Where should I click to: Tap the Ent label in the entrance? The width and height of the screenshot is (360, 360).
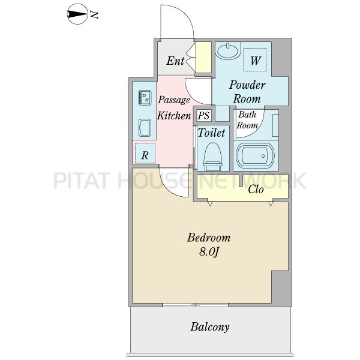tap(175, 61)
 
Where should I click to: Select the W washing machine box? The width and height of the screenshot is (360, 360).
tap(254, 59)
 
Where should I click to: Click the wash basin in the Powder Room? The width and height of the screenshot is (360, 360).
tap(228, 51)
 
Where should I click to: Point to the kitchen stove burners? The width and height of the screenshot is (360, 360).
tap(145, 97)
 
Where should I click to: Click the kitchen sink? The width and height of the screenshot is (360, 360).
tap(145, 128)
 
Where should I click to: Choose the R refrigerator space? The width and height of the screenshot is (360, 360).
tap(145, 153)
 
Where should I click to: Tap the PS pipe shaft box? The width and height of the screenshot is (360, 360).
tap(203, 115)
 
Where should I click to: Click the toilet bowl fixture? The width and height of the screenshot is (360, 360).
tap(212, 157)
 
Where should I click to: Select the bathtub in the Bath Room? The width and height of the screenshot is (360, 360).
tap(256, 156)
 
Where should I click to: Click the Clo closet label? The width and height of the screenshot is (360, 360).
tap(256, 190)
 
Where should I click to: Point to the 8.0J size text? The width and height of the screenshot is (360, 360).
tap(208, 252)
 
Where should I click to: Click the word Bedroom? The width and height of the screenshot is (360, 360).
tap(209, 238)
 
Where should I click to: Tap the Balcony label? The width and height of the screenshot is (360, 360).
tap(210, 327)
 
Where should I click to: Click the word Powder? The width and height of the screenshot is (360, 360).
tap(247, 85)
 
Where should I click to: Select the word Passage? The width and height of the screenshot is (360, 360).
tap(174, 100)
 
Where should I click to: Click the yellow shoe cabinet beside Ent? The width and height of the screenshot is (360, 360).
tap(203, 58)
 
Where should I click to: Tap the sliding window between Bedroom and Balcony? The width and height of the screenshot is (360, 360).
tap(196, 305)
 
